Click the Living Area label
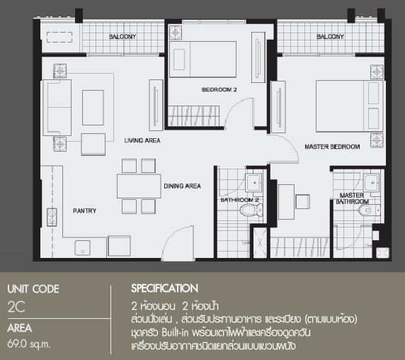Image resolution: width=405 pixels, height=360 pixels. tap(142, 140)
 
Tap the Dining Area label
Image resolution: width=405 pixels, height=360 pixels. tap(183, 186)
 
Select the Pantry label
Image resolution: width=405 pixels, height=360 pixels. tap(84, 211)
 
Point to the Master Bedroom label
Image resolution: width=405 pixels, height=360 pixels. tap(332, 147)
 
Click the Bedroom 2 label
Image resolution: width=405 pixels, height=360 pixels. tap(219, 90)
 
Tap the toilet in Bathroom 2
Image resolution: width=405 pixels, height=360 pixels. tap(251, 210)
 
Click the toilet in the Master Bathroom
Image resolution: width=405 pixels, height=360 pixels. tap(370, 210)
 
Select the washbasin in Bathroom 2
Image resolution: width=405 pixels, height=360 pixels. tap(253, 183)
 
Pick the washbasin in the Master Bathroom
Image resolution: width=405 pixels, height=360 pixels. tap(372, 183)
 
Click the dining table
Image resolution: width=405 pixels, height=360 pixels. tap(139, 186)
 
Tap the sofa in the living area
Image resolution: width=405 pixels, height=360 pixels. tap(57, 108)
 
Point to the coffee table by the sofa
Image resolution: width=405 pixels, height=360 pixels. tap(93, 108)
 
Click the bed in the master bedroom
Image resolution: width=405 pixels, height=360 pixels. tap(350, 106)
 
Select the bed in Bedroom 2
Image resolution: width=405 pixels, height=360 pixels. tap(202, 60)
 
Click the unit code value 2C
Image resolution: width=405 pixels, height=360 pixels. tap(16, 307)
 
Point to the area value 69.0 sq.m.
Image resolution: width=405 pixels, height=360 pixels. tap(29, 344)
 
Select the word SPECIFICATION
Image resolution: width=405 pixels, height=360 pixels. tap(164, 288)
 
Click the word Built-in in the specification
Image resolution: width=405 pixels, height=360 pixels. tap(175, 332)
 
